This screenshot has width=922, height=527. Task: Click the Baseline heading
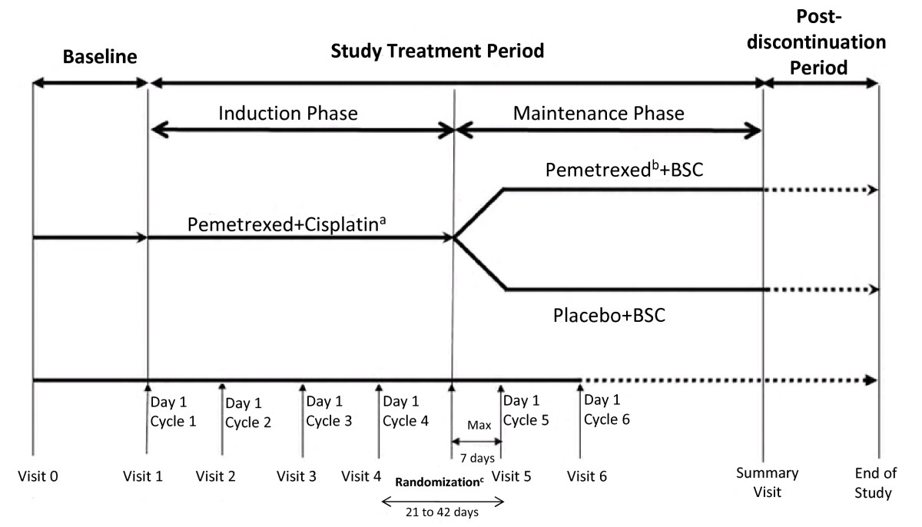pyautogui.click(x=100, y=57)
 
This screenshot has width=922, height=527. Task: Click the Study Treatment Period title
pyautogui.click(x=437, y=51)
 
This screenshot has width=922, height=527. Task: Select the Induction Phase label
pyautogui.click(x=287, y=113)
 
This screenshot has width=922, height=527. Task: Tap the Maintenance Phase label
pyautogui.click(x=599, y=113)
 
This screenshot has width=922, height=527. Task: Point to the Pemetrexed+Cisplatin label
pyautogui.click(x=287, y=224)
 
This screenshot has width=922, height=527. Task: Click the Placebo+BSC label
pyautogui.click(x=609, y=316)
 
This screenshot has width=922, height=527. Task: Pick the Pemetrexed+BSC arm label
pyautogui.click(x=624, y=170)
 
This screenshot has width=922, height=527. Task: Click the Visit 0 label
pyautogui.click(x=38, y=476)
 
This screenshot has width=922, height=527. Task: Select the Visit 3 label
pyautogui.click(x=296, y=476)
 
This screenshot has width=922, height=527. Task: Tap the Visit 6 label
pyautogui.click(x=586, y=476)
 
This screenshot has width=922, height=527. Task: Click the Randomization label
pyautogui.click(x=439, y=482)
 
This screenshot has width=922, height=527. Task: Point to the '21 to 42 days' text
pyautogui.click(x=442, y=512)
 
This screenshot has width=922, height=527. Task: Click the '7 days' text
pyautogui.click(x=477, y=458)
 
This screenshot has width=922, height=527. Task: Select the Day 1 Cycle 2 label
pyautogui.click(x=248, y=413)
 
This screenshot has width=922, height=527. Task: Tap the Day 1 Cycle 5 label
pyautogui.click(x=526, y=410)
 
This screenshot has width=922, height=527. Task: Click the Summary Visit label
pyautogui.click(x=768, y=482)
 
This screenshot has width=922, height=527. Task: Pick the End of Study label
pyautogui.click(x=875, y=483)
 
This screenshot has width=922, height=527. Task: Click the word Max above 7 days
pyautogui.click(x=479, y=425)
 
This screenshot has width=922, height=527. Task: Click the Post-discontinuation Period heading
pyautogui.click(x=818, y=42)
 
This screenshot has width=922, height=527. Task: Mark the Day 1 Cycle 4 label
pyautogui.click(x=406, y=411)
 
